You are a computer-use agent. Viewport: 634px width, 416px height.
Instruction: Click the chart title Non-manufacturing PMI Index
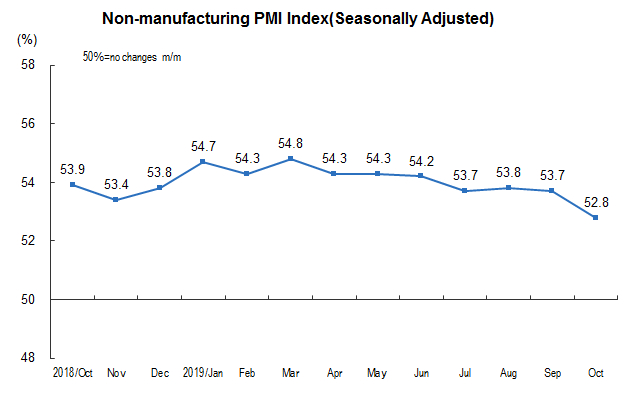pos(297,19)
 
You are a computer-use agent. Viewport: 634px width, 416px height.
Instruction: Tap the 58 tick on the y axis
pos(27,66)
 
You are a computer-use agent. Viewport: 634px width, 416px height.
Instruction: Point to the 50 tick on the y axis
pos(27,300)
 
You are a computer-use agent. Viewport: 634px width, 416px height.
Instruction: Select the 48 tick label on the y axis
pos(27,358)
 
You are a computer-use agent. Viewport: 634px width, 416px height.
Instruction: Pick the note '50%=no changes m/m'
pos(131,58)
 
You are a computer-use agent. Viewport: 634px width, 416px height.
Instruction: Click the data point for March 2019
pos(291,158)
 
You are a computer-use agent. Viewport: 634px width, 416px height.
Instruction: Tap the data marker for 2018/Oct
pos(73,184)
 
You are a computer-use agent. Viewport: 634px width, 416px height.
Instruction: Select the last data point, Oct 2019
pos(597,217)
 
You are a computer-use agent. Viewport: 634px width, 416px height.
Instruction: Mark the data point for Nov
pos(117,199)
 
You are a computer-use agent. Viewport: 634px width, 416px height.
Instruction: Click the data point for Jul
pos(466,190)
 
